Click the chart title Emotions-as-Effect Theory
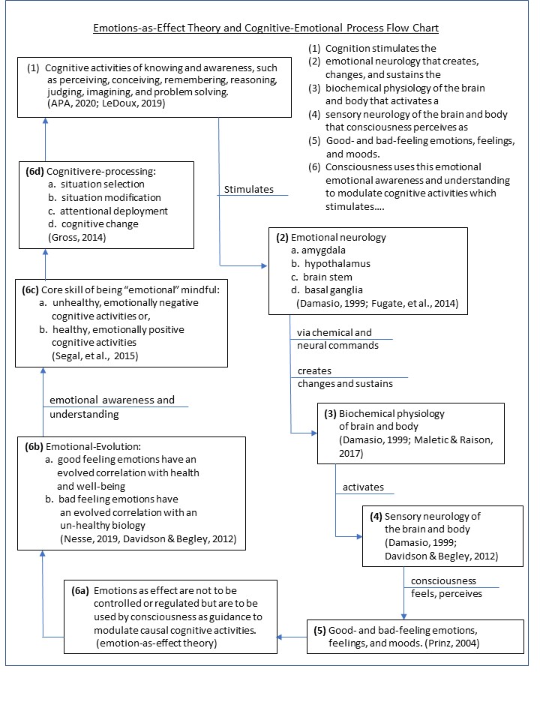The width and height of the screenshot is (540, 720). point(265,28)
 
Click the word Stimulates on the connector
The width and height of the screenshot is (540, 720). point(248,190)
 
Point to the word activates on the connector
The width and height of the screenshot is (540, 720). point(363,487)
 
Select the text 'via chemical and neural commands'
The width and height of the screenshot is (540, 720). point(334,338)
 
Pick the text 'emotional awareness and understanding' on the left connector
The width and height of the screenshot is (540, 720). point(112,406)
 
